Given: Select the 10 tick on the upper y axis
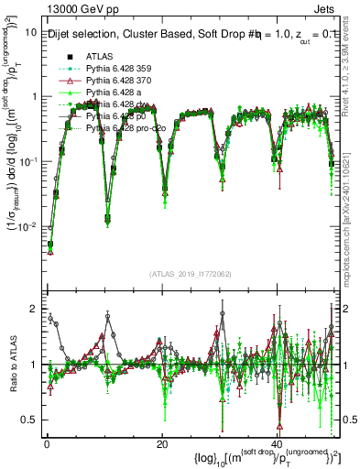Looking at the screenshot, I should pyautogui.click(x=31, y=31).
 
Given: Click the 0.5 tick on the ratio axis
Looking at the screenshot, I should pyautogui.click(x=30, y=420).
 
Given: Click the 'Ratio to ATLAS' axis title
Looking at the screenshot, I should pyautogui.click(x=10, y=365).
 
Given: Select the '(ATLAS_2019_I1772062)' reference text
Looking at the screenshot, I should pyautogui.click(x=190, y=273).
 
